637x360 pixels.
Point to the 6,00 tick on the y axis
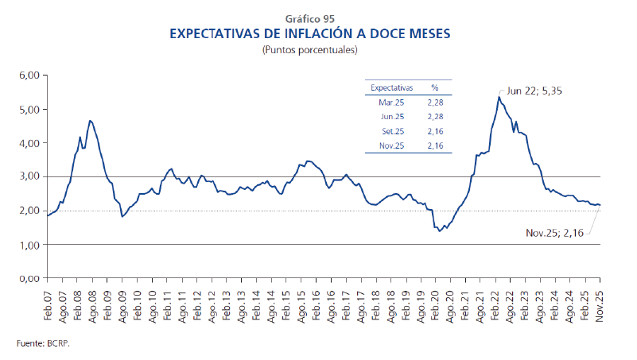coord(29,75)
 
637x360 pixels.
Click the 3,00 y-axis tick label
coord(29,177)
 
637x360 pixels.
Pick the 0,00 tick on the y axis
coord(29,279)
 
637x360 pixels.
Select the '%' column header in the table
coord(435,87)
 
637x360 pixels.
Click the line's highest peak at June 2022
coord(498,97)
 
